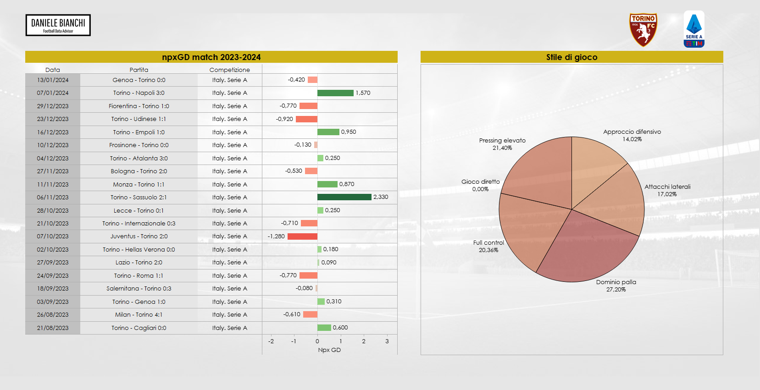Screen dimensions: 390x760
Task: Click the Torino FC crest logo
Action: [x=643, y=30]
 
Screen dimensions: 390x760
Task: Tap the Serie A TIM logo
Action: [x=693, y=29]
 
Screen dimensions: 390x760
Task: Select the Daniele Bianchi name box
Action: [x=58, y=25]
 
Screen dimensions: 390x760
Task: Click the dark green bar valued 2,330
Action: [x=344, y=197]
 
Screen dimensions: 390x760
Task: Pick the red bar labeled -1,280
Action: [x=302, y=236]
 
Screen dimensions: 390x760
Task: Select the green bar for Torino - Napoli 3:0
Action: [x=335, y=93]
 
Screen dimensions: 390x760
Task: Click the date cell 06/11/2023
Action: [x=53, y=198]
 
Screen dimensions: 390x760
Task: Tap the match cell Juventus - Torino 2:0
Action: [x=139, y=236]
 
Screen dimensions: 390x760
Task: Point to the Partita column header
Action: [x=139, y=70]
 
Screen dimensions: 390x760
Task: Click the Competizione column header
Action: [x=229, y=70]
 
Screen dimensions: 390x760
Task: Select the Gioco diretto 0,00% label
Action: [x=480, y=185]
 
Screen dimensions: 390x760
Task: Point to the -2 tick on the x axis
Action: [x=271, y=341]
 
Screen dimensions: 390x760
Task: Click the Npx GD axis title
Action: [x=329, y=350]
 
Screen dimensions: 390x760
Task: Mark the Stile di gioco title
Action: [x=571, y=57]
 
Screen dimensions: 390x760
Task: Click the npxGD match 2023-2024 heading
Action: [x=211, y=57]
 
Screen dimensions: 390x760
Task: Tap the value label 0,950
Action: [x=349, y=132]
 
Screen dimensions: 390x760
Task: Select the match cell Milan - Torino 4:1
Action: [x=139, y=315]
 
